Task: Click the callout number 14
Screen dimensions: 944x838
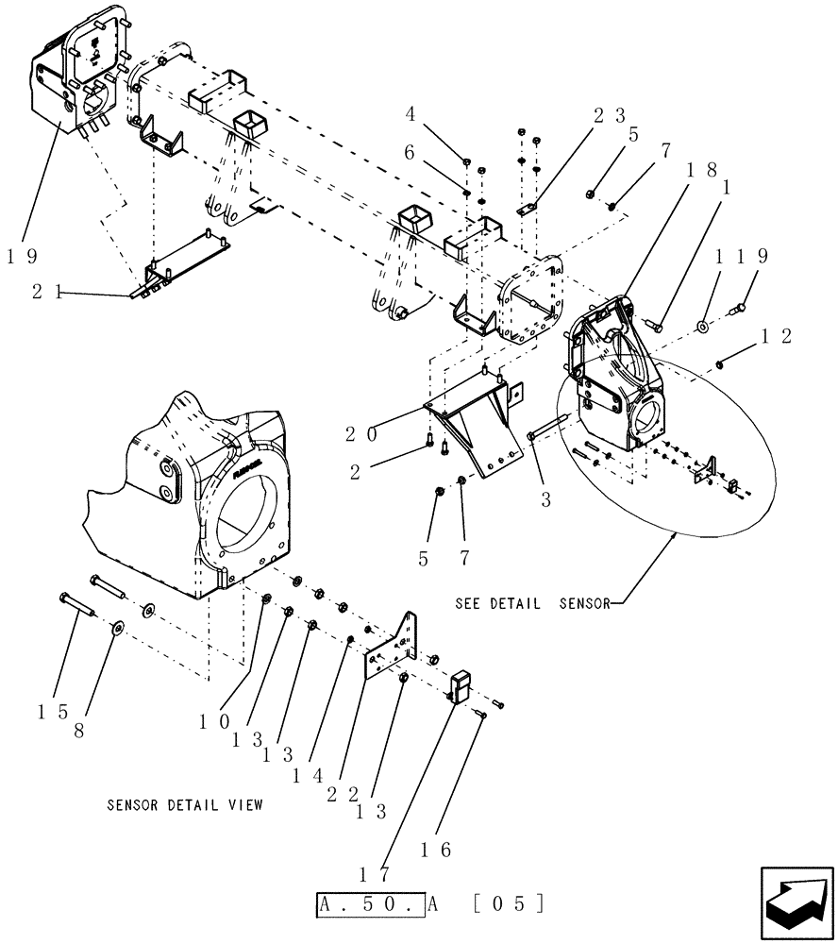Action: [308, 777]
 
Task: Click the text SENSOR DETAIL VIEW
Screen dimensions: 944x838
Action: [185, 805]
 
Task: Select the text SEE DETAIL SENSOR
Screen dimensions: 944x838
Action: [533, 602]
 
